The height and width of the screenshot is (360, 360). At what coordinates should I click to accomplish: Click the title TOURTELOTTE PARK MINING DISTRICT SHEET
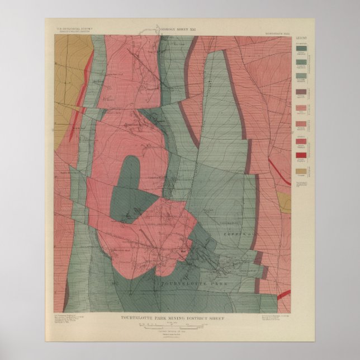click(180, 301)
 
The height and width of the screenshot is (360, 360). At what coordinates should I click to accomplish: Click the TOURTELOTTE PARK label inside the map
click(184, 283)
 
